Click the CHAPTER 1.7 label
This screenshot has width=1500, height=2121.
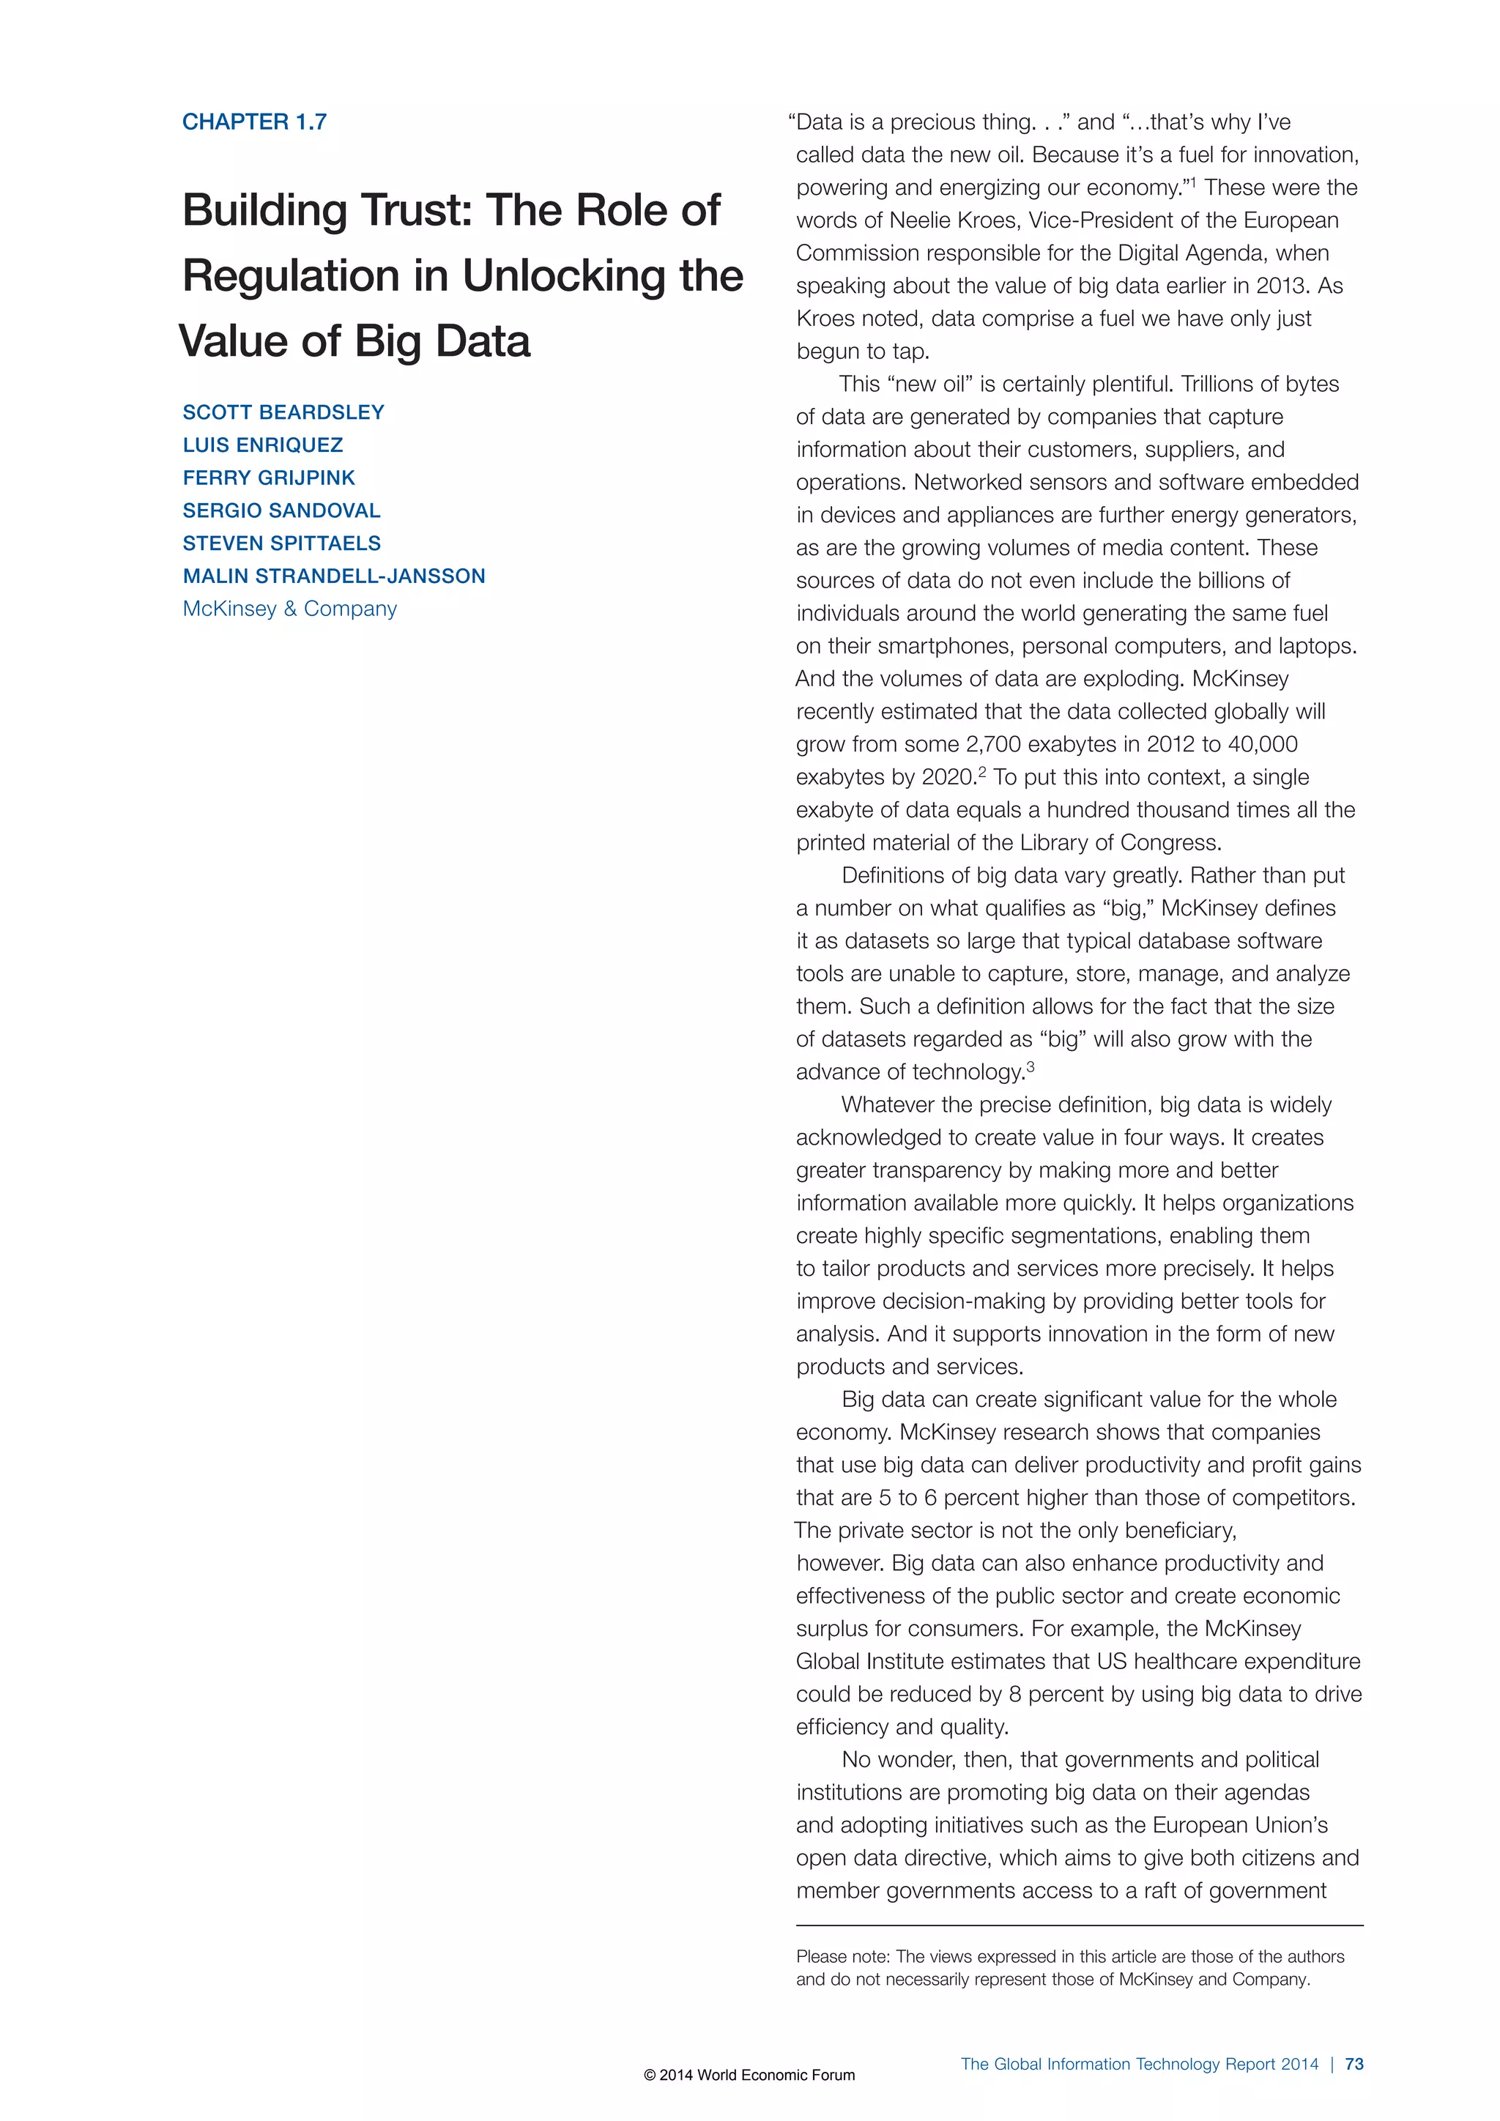coord(254,122)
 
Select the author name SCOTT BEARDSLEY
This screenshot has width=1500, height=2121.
coord(283,412)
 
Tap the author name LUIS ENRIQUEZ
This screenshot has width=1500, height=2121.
coord(262,445)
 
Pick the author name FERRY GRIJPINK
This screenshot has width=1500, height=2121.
coord(269,478)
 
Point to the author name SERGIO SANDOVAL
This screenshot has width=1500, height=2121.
coord(281,511)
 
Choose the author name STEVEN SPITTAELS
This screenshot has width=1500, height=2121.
coord(282,543)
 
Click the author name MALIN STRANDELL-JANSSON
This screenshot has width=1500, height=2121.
coord(333,576)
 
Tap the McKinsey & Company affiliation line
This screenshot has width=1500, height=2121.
coord(289,609)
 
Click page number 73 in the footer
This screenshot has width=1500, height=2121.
coord(1354,2064)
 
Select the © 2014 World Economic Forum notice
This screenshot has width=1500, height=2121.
coord(749,2075)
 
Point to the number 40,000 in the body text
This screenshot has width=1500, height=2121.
coord(1262,745)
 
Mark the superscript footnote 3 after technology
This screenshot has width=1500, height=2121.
coord(1030,1067)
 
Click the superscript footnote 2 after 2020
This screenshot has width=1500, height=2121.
coord(982,772)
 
